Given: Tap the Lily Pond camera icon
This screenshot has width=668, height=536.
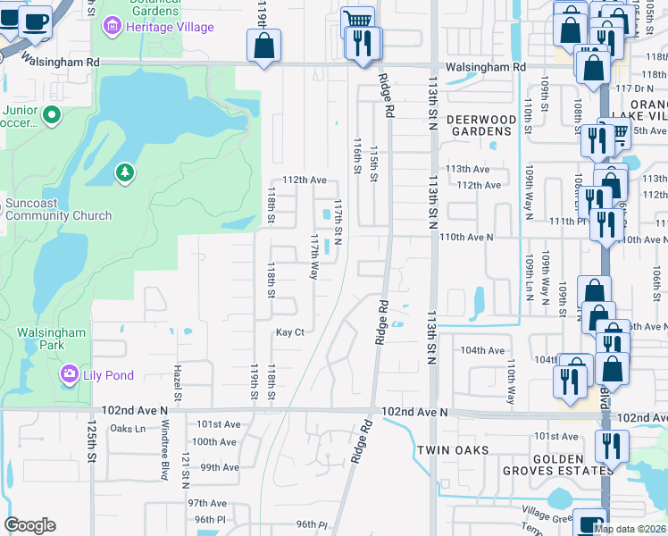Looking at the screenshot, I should pos(68,374).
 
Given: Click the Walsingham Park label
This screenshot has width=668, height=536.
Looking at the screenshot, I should pos(52,339).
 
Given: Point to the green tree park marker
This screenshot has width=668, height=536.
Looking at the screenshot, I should pos(125,172).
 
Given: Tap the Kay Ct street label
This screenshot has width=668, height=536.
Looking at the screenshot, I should pos(290,332).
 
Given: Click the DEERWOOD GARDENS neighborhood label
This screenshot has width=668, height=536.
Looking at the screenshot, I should pos(481,125).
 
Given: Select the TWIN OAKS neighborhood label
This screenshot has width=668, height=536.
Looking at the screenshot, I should pos(452,451).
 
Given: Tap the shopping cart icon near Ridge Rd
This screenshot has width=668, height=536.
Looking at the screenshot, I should pos(357,20).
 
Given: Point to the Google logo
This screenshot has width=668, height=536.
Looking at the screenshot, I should pos(29,525).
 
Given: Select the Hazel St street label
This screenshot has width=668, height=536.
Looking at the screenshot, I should pos(178,385).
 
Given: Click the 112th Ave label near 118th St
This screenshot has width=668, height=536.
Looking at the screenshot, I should pos(305,180).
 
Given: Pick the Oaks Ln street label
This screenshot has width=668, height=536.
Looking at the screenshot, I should pos(127,428).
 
